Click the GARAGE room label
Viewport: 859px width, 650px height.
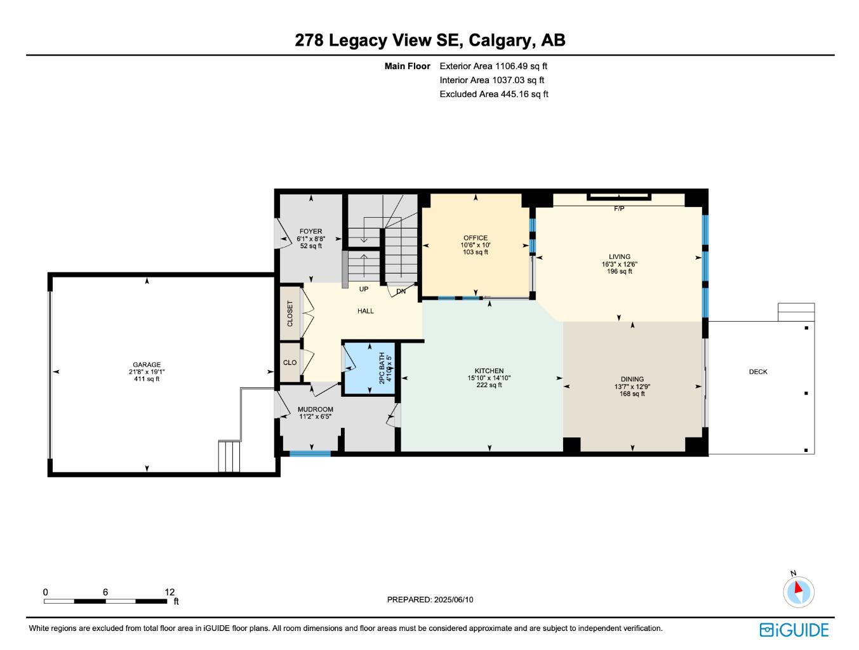(x=147, y=365)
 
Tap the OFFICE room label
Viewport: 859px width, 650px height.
(x=476, y=238)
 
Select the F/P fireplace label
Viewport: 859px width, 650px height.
(x=619, y=209)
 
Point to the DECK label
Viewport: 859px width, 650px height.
(x=758, y=372)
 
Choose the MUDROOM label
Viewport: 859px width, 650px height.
(x=316, y=409)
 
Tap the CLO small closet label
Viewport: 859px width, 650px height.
(x=290, y=362)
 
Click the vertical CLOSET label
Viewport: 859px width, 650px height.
(x=290, y=314)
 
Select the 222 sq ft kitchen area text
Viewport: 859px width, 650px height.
(x=489, y=385)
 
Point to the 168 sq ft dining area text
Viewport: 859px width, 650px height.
(x=632, y=394)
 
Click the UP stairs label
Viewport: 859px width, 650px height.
(x=364, y=289)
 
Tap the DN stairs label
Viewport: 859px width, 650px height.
(x=401, y=292)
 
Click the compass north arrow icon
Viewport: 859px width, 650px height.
(x=798, y=591)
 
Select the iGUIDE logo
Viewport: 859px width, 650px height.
(x=794, y=630)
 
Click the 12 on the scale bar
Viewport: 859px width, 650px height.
(x=170, y=592)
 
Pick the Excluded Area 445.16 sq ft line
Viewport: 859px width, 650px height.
(x=494, y=94)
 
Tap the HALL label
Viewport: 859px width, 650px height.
(x=366, y=311)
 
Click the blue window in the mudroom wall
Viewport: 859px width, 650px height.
(x=310, y=453)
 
